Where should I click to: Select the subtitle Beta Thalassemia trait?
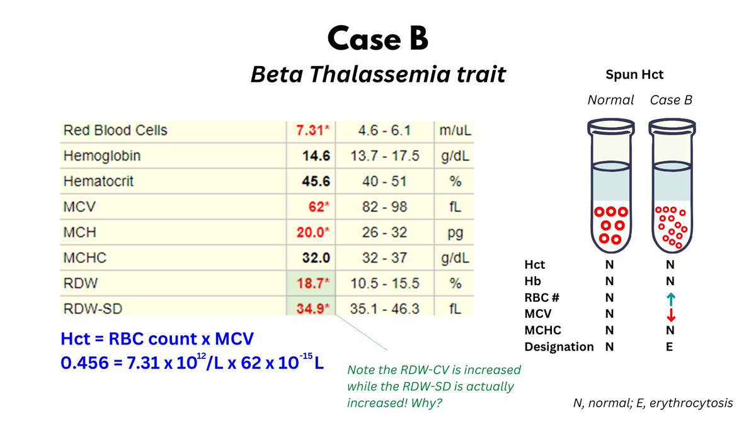(377, 74)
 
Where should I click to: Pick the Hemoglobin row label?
(101, 156)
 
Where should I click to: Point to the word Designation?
(559, 347)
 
